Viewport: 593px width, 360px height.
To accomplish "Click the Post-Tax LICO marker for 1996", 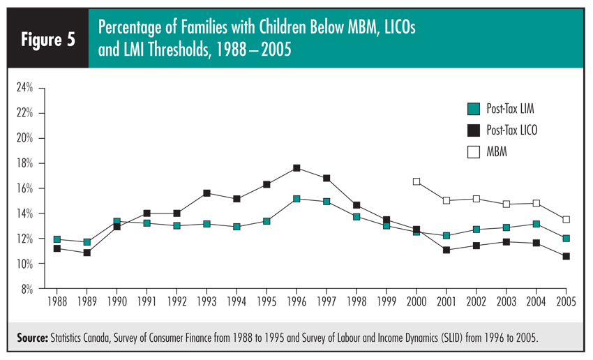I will [296, 168].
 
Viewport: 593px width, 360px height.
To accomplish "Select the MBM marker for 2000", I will [416, 181].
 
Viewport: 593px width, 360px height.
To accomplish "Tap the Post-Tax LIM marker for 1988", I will [57, 240].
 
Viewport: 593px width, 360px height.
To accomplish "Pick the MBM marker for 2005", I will [566, 219].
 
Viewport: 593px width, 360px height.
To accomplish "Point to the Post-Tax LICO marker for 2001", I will [446, 250].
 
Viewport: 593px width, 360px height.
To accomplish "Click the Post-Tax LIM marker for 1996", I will [296, 199].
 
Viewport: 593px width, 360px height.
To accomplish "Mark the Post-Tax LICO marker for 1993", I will [207, 193].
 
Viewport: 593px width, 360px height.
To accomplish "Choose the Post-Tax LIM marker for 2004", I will [536, 224].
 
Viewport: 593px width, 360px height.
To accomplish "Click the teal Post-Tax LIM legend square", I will [473, 108].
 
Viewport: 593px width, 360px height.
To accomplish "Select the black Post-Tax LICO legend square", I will [473, 129].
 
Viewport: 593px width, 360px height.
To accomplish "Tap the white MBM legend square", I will [473, 150].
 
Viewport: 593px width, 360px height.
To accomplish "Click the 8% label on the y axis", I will [27, 289].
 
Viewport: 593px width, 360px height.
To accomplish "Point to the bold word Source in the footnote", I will [32, 338].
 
